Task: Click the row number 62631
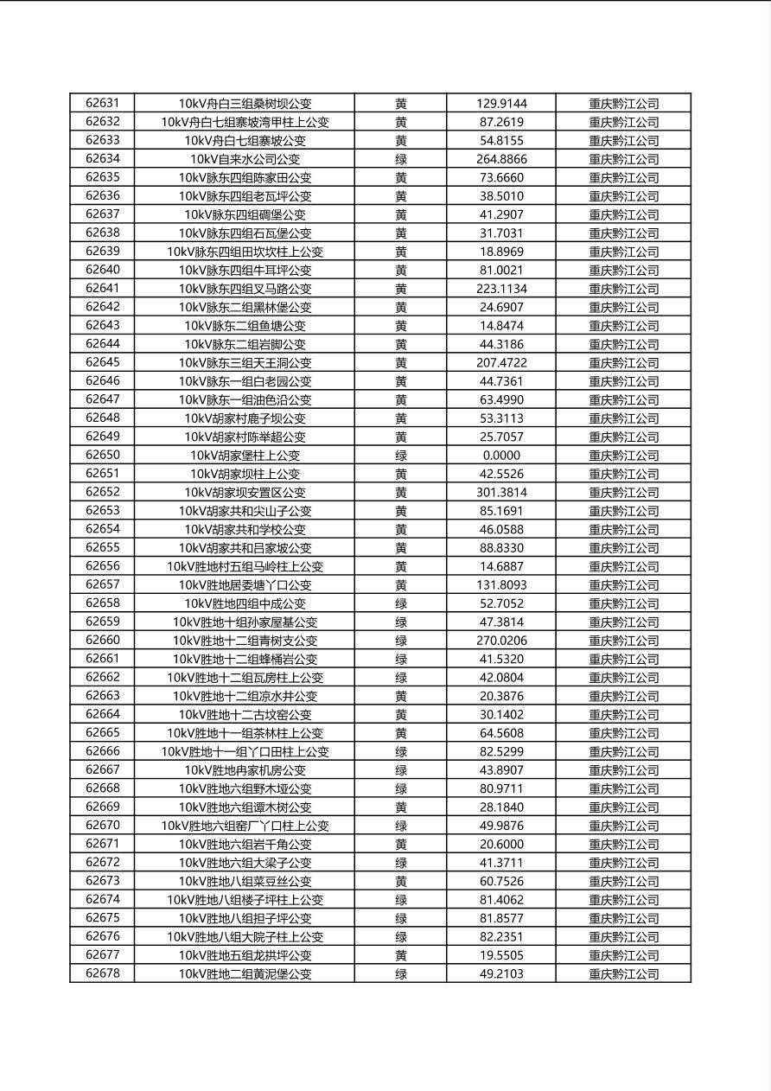point(103,103)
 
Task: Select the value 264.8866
point(501,159)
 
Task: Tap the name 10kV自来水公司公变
point(245,159)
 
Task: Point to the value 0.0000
point(501,456)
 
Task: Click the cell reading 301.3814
point(501,493)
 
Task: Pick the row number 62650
point(103,455)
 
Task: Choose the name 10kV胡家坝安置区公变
point(245,493)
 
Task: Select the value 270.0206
point(501,641)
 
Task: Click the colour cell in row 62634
point(401,159)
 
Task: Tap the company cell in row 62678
point(623,974)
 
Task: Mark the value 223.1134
point(501,289)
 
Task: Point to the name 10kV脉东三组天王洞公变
point(245,363)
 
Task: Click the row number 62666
point(103,751)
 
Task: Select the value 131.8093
point(501,585)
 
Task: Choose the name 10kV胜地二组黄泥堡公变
point(245,974)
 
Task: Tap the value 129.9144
point(501,104)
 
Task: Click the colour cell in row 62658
point(401,603)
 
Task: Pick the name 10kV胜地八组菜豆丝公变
point(245,882)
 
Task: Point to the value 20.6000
point(501,845)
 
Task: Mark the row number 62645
point(103,362)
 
